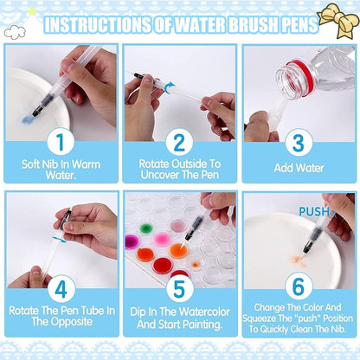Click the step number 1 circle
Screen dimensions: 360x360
61,142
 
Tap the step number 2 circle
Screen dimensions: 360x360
179,142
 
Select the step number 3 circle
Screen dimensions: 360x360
299,143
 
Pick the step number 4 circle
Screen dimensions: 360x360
61,289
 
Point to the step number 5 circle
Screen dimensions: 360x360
180,289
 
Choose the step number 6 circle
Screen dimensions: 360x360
299,286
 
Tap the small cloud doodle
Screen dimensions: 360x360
15,32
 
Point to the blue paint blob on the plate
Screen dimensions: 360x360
28,119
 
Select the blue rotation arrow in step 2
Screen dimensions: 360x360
170,87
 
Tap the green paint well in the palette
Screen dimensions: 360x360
146,228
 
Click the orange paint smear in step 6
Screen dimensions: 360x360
298,259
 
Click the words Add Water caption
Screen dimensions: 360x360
299,168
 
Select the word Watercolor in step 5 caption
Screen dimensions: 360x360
204,312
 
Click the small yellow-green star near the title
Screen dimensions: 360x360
31,11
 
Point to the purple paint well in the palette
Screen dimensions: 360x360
132,241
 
